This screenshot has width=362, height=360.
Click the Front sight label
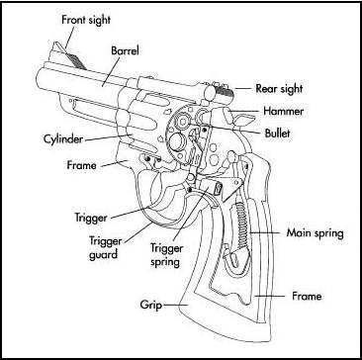point(86,20)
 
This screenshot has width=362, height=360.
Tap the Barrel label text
point(125,51)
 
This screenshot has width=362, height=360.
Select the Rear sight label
point(279,89)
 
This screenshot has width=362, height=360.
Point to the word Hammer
point(283,111)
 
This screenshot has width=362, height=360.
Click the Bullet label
point(278,134)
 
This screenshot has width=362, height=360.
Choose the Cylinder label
point(63,139)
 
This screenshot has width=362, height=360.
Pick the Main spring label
point(315,234)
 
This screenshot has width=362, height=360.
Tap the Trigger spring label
point(166,255)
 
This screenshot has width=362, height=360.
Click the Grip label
point(150,306)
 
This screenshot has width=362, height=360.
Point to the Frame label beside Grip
point(307,297)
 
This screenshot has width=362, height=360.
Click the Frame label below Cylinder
point(81,165)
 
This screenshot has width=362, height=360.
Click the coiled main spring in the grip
point(241,225)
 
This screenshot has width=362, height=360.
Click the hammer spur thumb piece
point(245,119)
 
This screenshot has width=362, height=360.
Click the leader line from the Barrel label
point(112,70)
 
